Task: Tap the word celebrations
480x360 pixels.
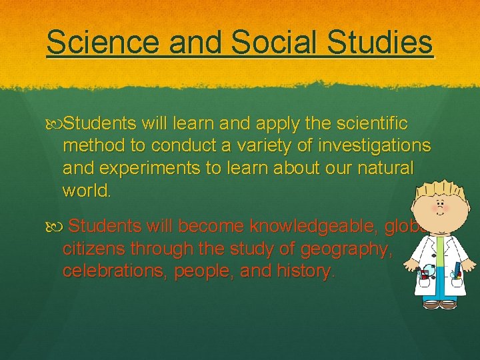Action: coord(114,271)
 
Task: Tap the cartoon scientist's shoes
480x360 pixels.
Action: coord(439,304)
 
